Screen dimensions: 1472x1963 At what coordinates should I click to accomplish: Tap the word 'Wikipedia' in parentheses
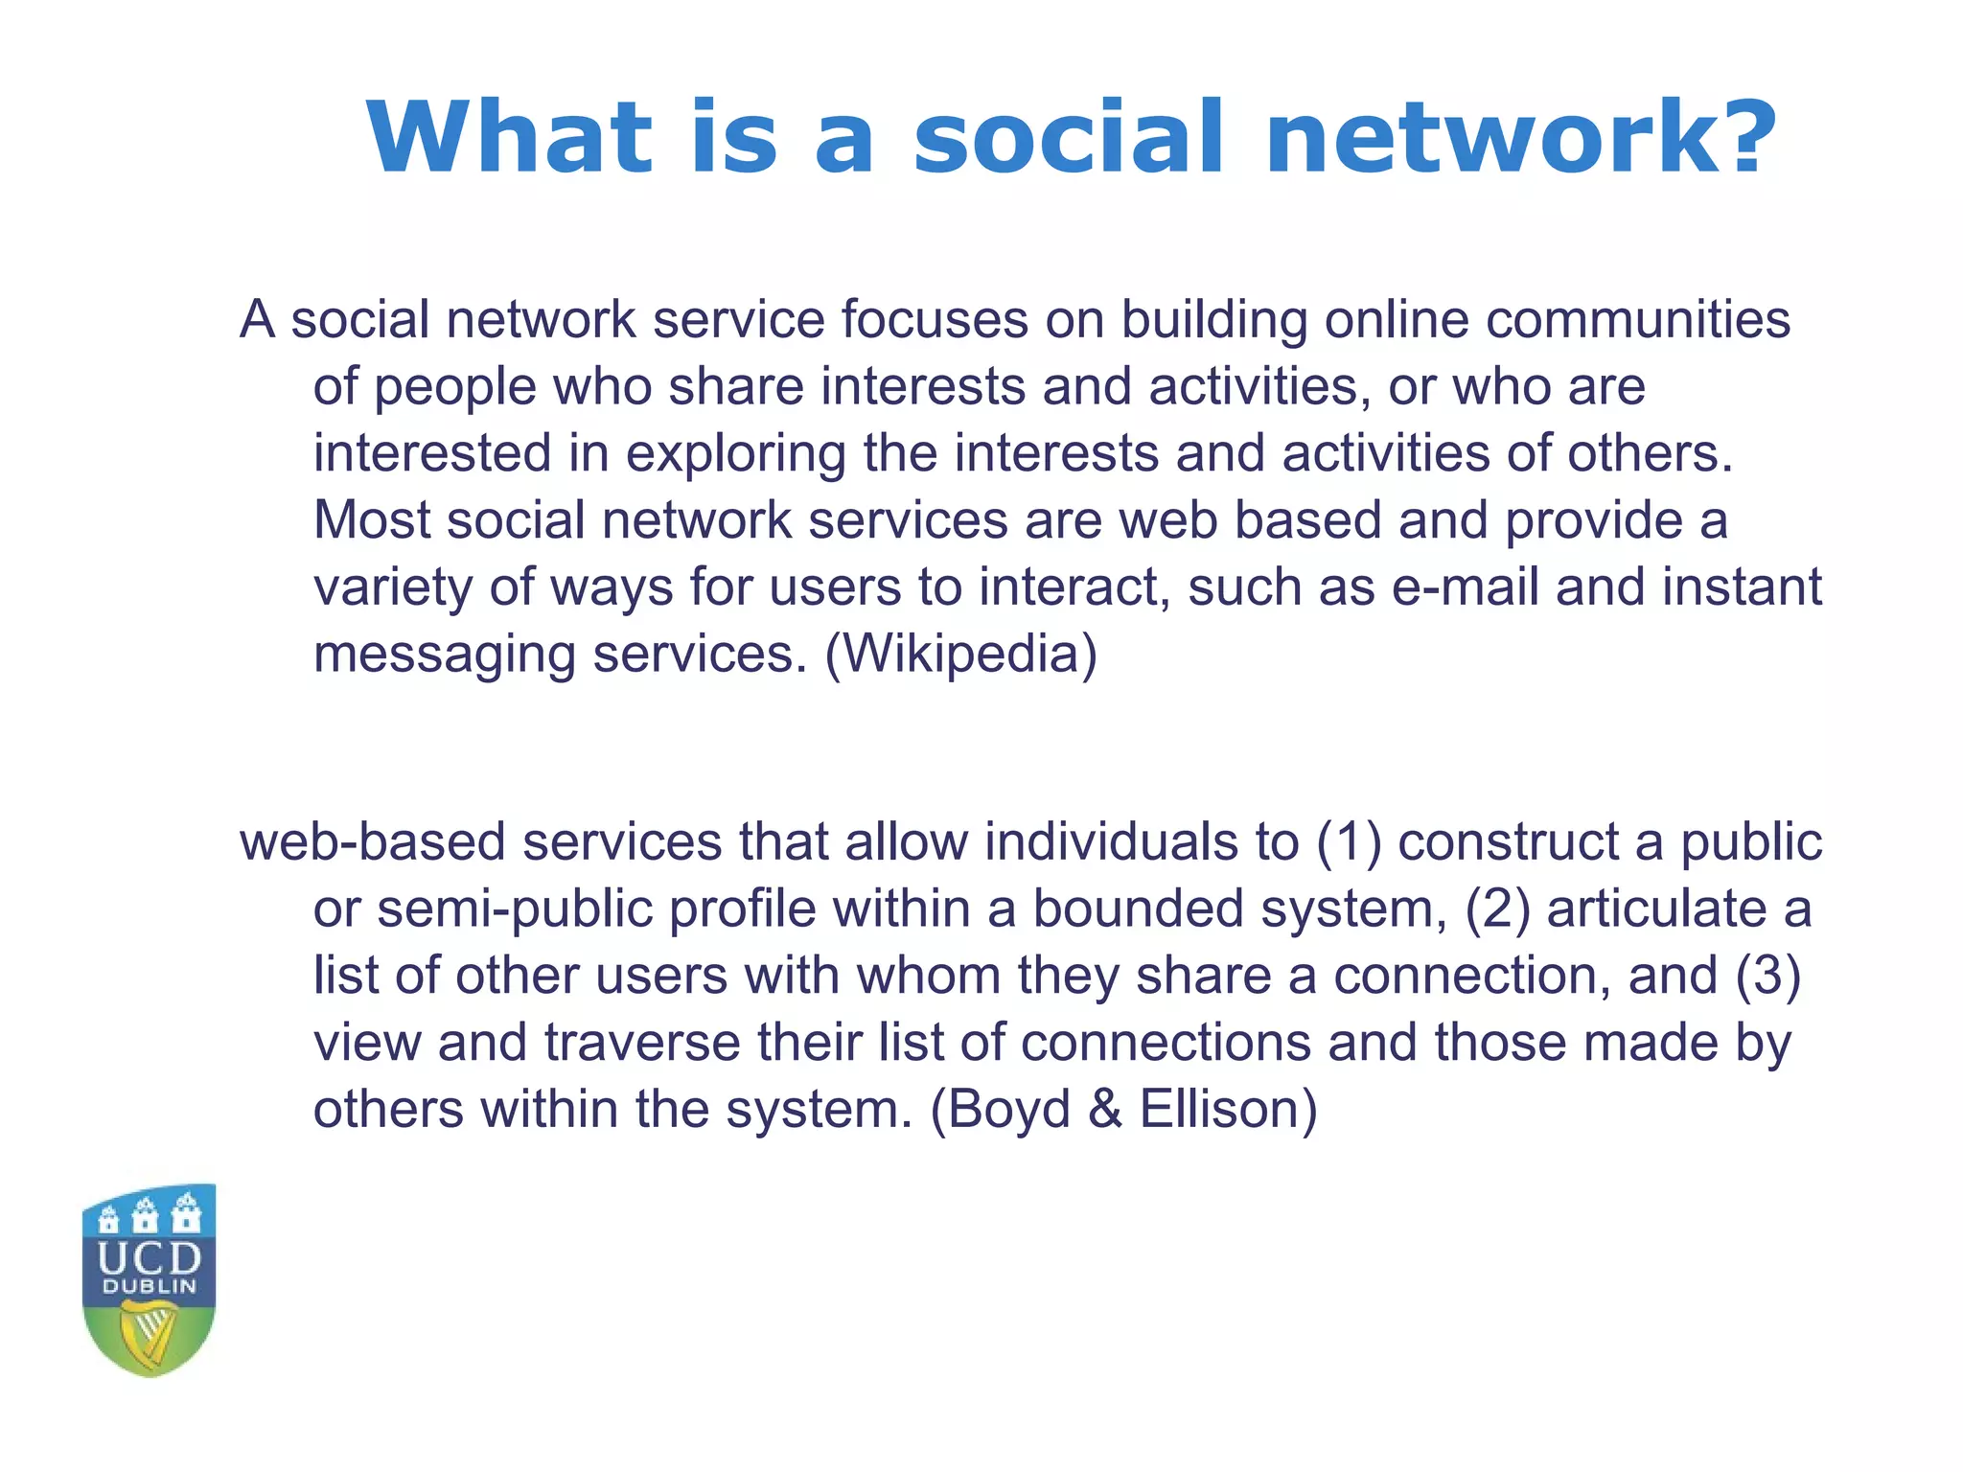click(x=960, y=655)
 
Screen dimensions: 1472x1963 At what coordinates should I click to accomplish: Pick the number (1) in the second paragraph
click(x=1349, y=842)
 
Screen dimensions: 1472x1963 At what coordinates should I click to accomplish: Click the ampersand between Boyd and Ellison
click(x=1105, y=1111)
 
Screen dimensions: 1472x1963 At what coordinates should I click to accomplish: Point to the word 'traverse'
click(x=642, y=1044)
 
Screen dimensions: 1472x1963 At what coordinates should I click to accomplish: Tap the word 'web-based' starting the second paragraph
click(x=372, y=842)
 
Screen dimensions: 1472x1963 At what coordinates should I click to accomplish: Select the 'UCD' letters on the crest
click(x=150, y=1257)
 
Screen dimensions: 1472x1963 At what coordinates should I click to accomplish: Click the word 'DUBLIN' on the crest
click(x=150, y=1287)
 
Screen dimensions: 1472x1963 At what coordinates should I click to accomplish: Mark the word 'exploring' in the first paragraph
click(x=735, y=455)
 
